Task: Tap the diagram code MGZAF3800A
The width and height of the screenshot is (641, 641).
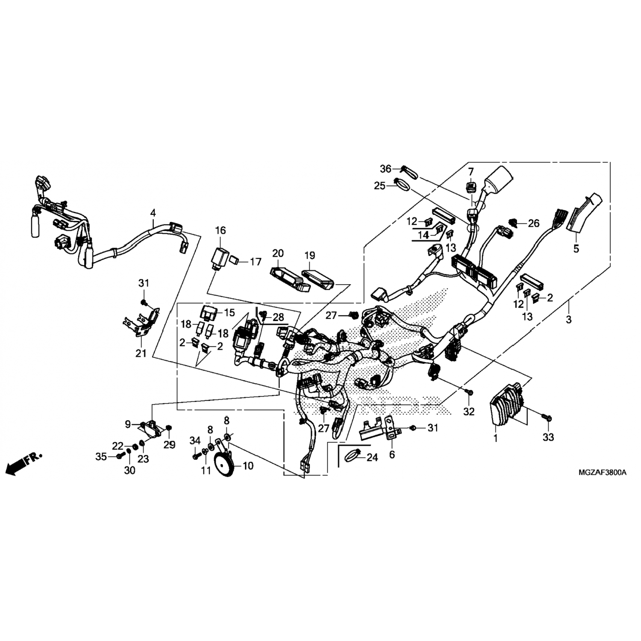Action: click(x=603, y=473)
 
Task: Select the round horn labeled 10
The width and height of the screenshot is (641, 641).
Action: click(x=223, y=464)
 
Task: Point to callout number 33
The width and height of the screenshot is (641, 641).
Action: click(x=548, y=437)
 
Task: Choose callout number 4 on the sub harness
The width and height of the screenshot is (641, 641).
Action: click(x=153, y=212)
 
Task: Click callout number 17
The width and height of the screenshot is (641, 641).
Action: click(x=256, y=262)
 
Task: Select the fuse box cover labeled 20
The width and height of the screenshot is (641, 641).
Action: click(x=289, y=280)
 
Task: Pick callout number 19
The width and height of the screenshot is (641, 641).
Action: click(x=310, y=256)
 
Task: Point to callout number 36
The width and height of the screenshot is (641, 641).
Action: click(x=385, y=169)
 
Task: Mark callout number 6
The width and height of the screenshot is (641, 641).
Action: click(x=392, y=455)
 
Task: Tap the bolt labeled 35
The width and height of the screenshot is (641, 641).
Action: click(x=121, y=456)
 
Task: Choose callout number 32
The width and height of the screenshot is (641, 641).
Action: click(x=469, y=412)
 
